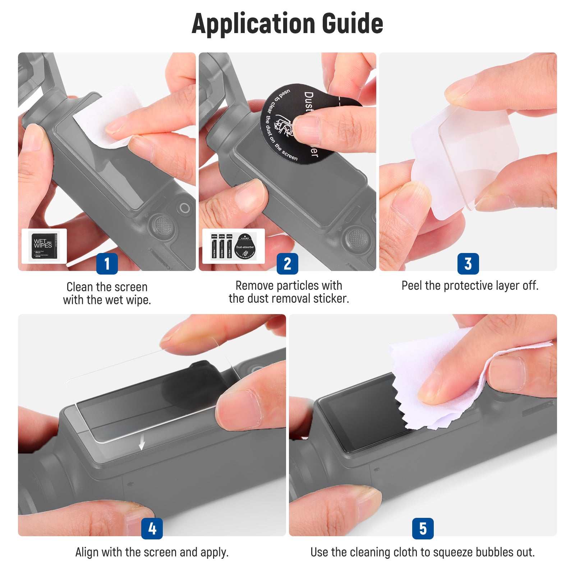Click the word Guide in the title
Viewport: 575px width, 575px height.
pyautogui.click(x=352, y=23)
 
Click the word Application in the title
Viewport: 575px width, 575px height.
pyautogui.click(x=253, y=24)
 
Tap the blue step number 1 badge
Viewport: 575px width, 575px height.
pyautogui.click(x=107, y=263)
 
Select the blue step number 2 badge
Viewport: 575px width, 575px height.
pyautogui.click(x=287, y=263)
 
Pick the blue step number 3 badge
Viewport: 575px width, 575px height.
pyautogui.click(x=468, y=263)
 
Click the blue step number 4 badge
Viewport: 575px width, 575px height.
pyautogui.click(x=152, y=528)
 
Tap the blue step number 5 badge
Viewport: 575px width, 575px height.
pyautogui.click(x=423, y=528)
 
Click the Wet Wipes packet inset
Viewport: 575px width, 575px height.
pyautogui.click(x=44, y=246)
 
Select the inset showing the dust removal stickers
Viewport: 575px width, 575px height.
pyautogui.click(x=234, y=246)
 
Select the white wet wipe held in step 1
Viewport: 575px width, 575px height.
pyautogui.click(x=104, y=115)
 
